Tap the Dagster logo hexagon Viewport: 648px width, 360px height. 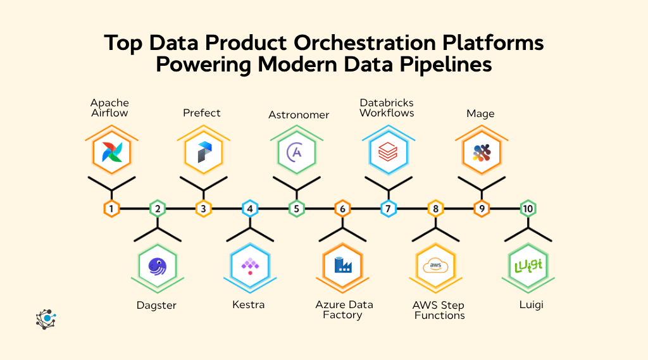click(157, 266)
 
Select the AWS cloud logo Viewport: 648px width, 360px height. click(435, 266)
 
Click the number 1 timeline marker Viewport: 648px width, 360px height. click(111, 208)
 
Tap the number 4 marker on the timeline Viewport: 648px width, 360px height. click(250, 208)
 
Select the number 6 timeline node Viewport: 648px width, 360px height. click(342, 208)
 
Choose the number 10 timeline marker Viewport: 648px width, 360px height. click(528, 208)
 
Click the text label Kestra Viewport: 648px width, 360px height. click(248, 305)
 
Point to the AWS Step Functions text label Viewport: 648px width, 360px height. click(439, 310)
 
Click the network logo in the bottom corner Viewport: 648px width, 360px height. click(46, 319)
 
